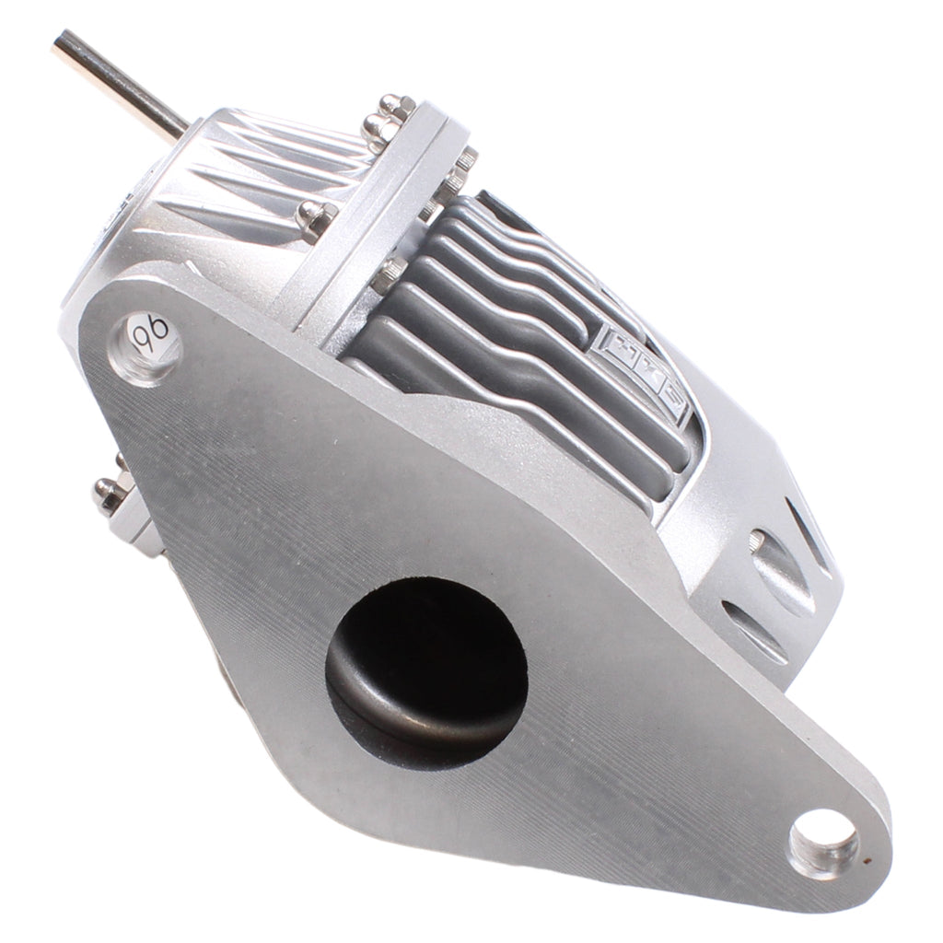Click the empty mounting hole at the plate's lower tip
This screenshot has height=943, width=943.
point(822,840)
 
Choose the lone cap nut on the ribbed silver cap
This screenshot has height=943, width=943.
point(315,218)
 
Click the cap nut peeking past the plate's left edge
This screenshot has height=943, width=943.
point(110,492)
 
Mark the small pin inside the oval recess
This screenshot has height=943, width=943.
point(757,541)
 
